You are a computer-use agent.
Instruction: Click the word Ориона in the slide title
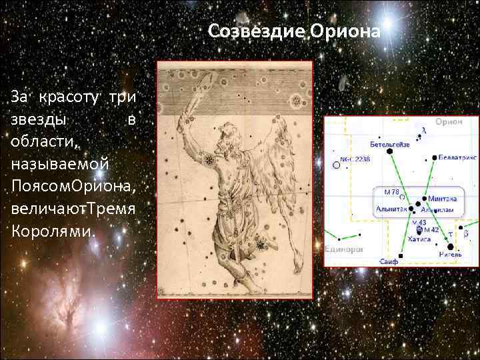click(350, 31)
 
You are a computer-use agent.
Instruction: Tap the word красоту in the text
click(69, 97)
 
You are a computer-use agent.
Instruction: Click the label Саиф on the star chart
click(389, 262)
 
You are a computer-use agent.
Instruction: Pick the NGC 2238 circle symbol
click(336, 164)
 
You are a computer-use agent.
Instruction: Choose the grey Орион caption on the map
click(449, 123)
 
